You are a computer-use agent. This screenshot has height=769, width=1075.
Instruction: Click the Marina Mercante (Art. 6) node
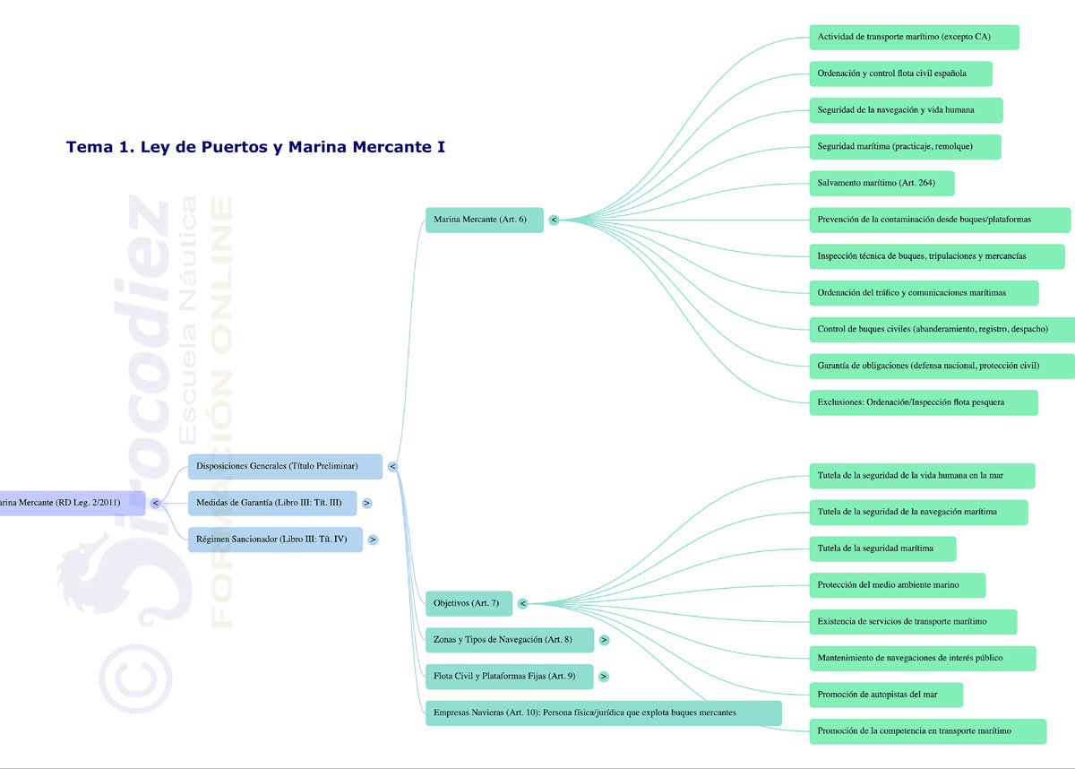[x=484, y=220]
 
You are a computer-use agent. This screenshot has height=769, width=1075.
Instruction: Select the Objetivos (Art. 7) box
[x=469, y=603]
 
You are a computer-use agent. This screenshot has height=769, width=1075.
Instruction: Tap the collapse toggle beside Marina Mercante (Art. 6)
[x=554, y=220]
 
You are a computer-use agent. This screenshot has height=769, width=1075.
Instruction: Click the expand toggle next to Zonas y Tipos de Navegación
[x=605, y=640]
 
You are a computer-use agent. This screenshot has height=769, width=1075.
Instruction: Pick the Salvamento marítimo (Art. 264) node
[x=881, y=183]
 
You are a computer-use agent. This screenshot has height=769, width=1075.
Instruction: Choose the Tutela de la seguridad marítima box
[x=881, y=549]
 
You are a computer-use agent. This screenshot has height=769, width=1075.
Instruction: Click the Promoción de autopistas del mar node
[x=885, y=695]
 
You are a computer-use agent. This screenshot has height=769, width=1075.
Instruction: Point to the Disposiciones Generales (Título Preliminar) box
[x=285, y=466]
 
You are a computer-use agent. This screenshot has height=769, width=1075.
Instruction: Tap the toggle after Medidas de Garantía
[x=367, y=503]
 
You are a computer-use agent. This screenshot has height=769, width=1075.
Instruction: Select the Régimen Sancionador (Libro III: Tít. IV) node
[x=275, y=540]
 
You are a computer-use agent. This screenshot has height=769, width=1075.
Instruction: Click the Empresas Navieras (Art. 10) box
[x=603, y=713]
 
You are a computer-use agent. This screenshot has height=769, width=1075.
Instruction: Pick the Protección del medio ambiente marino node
[x=896, y=585]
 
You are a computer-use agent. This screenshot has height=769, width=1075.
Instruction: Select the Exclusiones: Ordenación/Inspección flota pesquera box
[x=923, y=402]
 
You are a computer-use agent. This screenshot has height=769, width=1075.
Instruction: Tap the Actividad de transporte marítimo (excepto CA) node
[x=914, y=37]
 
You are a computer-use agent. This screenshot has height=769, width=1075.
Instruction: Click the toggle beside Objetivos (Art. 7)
[x=522, y=603]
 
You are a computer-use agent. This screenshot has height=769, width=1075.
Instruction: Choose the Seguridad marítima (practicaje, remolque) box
[x=904, y=146]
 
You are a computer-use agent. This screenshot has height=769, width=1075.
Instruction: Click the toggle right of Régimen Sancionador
[x=373, y=540]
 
